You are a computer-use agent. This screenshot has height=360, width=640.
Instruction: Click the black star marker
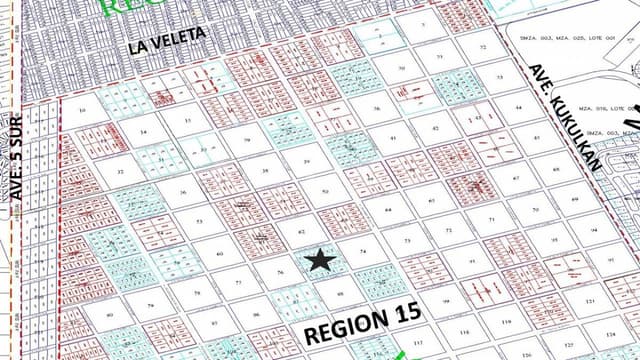pyautogui.click(x=320, y=260)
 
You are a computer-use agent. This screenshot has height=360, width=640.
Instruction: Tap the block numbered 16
pyautogui.click(x=81, y=110)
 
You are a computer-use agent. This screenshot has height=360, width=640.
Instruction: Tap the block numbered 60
pyautogui.click(x=219, y=253)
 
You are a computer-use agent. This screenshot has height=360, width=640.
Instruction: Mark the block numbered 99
pyautogui.click(x=446, y=300)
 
